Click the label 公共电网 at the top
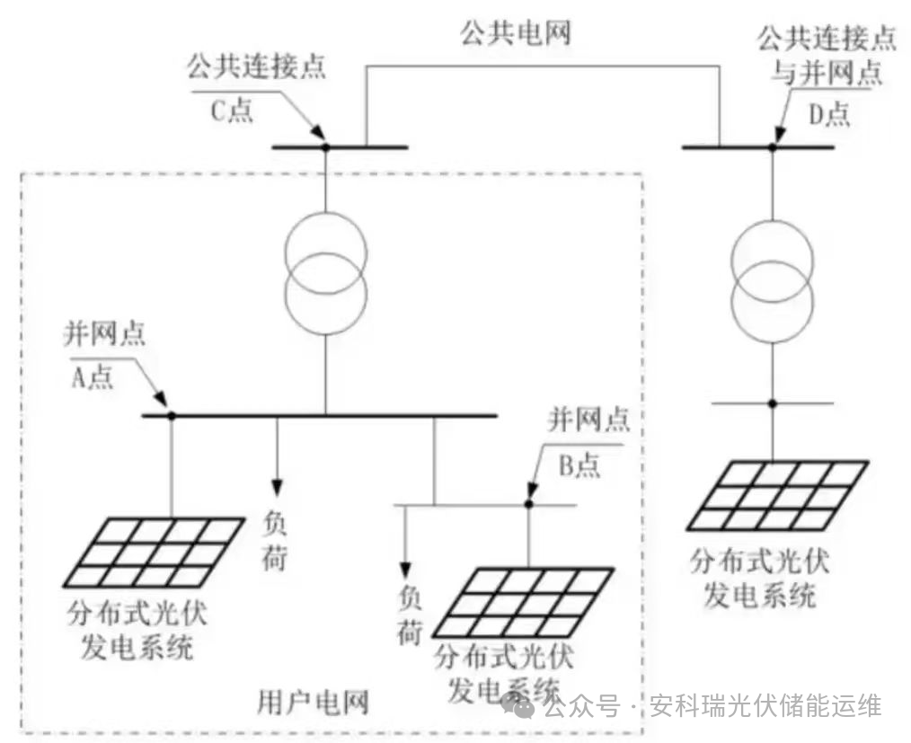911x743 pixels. (515, 34)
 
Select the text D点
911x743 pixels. (824, 113)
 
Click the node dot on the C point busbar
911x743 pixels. (326, 146)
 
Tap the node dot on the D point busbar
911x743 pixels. (772, 146)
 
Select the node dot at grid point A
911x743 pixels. (171, 415)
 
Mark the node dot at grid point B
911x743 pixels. (529, 504)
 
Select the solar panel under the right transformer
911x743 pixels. (777, 495)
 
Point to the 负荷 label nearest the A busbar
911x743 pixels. (276, 539)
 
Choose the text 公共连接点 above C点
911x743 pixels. (256, 68)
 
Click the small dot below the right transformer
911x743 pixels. (772, 403)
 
